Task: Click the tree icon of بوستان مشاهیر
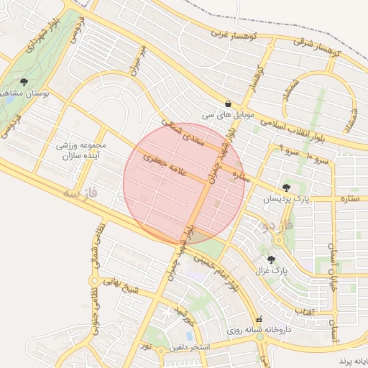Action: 25,82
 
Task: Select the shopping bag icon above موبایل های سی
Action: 228,103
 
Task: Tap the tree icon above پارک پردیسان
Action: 287,188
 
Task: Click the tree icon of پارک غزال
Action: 271,259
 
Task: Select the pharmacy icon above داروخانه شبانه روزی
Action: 259,319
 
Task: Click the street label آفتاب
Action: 303,312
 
